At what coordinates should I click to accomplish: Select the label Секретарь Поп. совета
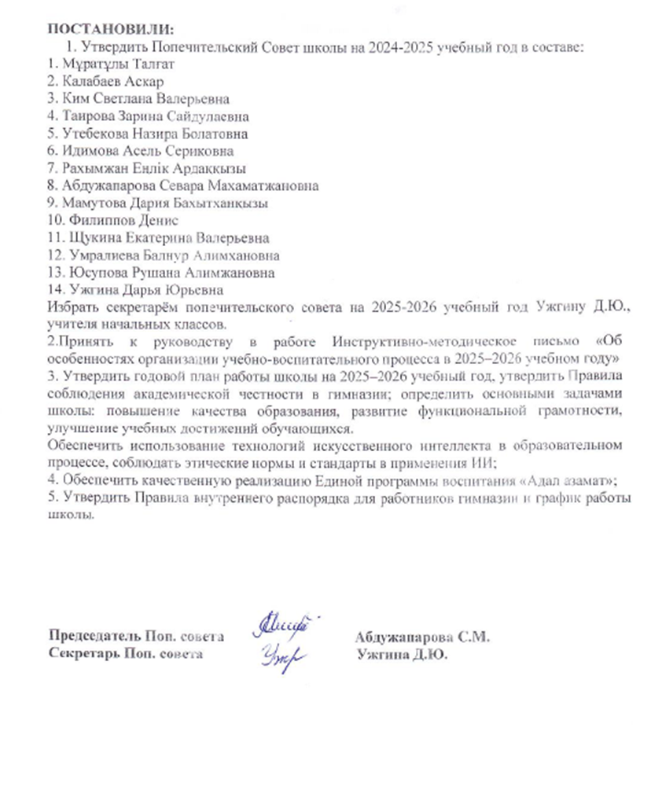coord(126,653)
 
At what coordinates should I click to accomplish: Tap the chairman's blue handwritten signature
coord(284,629)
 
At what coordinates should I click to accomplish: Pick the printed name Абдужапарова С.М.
coord(422,637)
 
